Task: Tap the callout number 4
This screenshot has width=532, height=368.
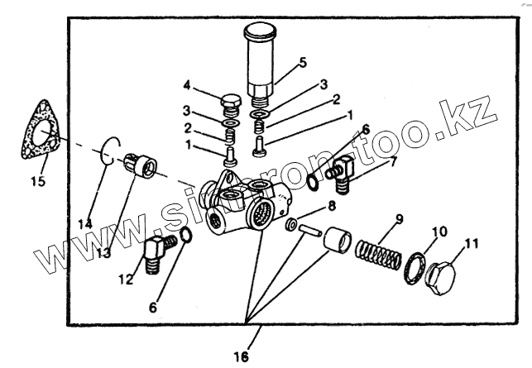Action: [x=188, y=85]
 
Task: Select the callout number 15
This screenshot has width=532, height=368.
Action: [x=38, y=180]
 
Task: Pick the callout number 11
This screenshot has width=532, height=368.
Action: [x=471, y=243]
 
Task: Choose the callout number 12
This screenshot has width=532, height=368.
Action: [x=126, y=280]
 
